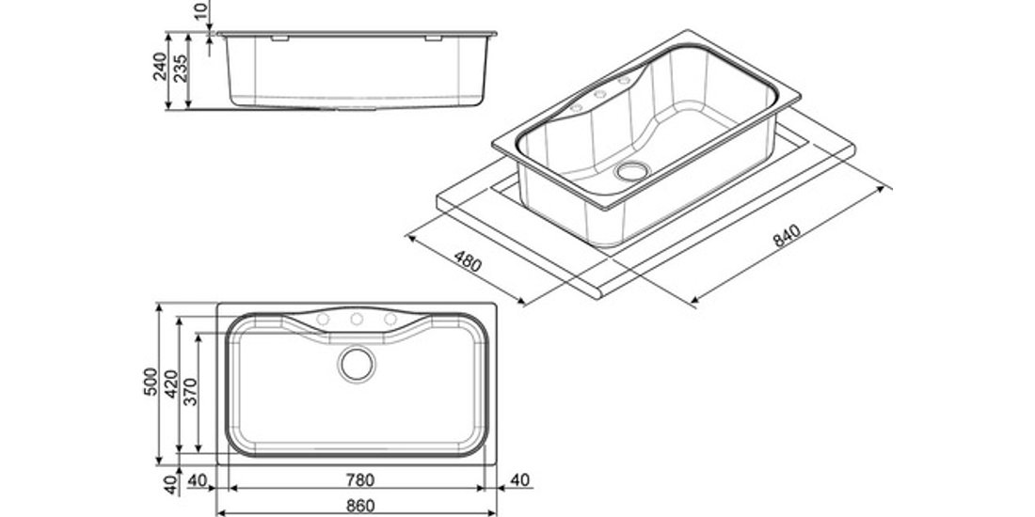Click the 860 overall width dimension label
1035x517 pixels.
coord(360,506)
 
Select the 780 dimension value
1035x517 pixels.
coord(360,480)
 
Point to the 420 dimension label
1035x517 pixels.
coord(171,384)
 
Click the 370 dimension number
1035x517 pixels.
coord(191,392)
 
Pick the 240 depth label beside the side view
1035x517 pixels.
coord(160,67)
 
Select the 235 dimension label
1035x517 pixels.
coord(181,69)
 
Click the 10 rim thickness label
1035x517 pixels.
coord(202,10)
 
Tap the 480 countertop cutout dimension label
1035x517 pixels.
coord(468,262)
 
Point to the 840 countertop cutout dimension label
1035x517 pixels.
coord(787,235)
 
